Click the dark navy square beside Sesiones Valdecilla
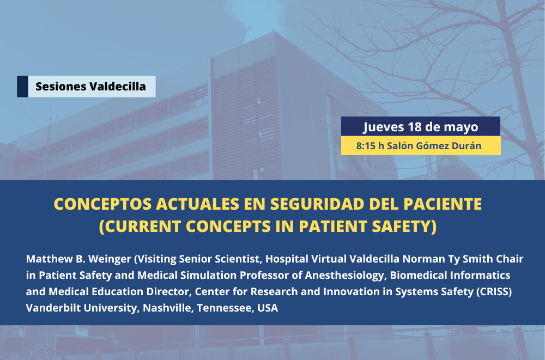[x=22, y=87]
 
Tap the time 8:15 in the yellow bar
[x=365, y=146]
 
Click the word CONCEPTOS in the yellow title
[x=102, y=204]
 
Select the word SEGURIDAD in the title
[x=317, y=204]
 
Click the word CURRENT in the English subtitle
[x=141, y=227]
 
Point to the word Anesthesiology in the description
[x=344, y=276]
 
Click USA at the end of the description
[x=268, y=308]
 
